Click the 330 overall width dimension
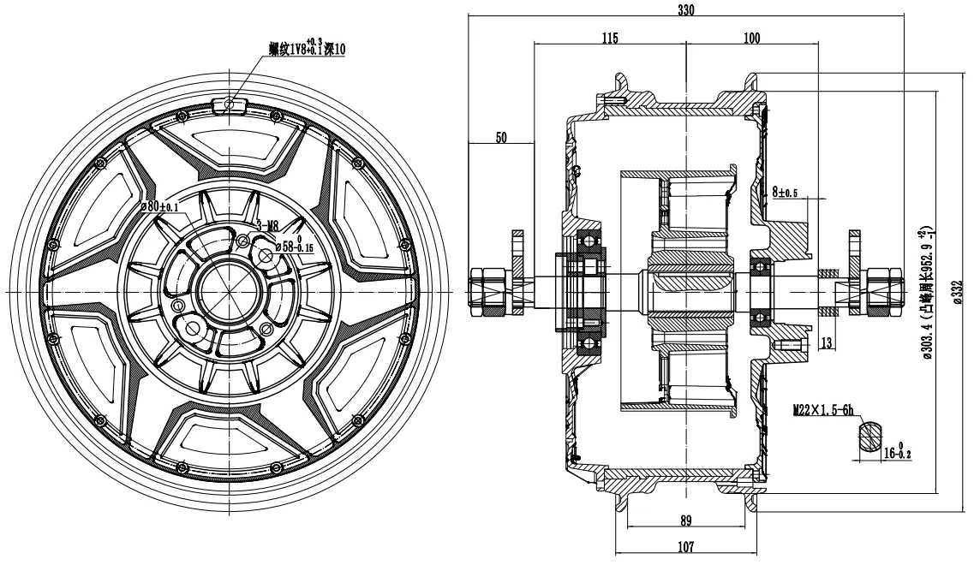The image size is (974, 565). tap(686, 10)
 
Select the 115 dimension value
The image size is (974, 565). tap(609, 39)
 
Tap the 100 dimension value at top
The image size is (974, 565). tap(751, 39)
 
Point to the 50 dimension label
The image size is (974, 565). tap(501, 137)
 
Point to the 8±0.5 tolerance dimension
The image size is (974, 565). tap(785, 193)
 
